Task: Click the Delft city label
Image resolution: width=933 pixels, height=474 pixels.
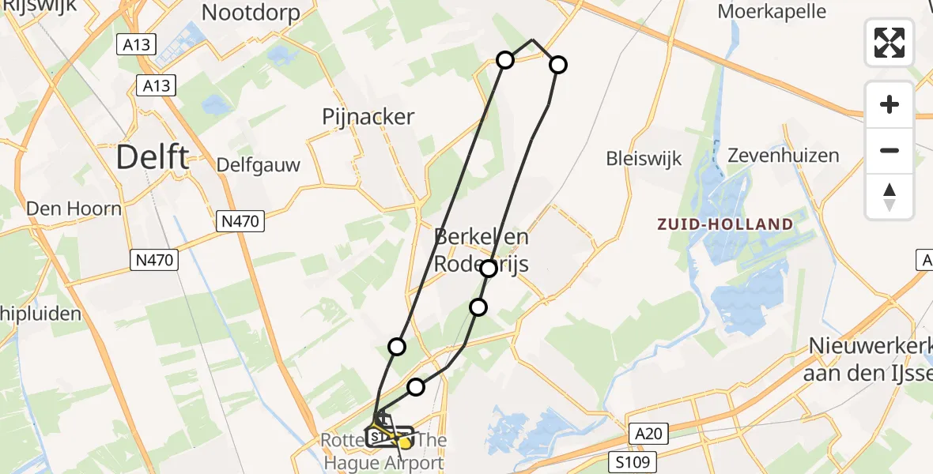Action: click(x=153, y=157)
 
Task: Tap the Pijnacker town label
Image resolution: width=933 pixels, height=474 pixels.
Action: click(x=368, y=117)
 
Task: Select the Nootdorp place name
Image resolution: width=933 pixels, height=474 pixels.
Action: click(x=251, y=13)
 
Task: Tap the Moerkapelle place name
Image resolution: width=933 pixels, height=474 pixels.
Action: click(x=772, y=11)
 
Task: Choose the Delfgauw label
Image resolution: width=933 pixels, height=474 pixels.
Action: click(x=259, y=166)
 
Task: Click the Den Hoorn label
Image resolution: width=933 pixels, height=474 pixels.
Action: click(x=74, y=209)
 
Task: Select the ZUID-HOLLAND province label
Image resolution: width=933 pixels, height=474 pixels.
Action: click(x=725, y=224)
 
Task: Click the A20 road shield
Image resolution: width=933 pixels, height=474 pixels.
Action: click(x=651, y=433)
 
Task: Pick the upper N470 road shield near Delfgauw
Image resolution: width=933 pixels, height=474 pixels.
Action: click(x=240, y=222)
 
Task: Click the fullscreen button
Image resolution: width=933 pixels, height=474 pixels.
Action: click(x=890, y=43)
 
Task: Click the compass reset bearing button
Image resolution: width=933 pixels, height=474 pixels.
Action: click(x=890, y=197)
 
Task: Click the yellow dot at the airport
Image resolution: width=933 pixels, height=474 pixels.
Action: click(x=405, y=443)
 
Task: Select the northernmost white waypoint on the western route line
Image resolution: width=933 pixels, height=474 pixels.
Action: click(x=505, y=59)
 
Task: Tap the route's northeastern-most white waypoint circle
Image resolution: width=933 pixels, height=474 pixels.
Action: click(x=558, y=65)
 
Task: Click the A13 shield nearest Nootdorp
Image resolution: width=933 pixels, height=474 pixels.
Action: click(x=136, y=45)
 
